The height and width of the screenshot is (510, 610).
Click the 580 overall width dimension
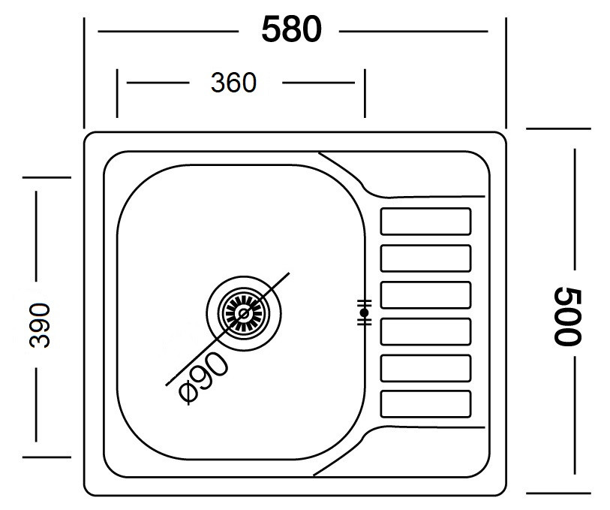point(292,29)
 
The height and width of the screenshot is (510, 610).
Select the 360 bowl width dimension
point(233,83)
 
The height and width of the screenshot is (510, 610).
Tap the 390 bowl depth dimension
point(40,325)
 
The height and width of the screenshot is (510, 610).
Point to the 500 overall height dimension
point(567,316)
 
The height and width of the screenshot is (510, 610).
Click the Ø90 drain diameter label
point(204,376)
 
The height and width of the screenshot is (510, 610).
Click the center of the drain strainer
point(244,313)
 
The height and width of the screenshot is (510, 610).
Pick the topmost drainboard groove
point(425,222)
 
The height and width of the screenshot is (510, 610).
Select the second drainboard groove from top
point(425,258)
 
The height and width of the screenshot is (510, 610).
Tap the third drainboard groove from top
point(425,294)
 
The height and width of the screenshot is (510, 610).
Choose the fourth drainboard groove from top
point(425,331)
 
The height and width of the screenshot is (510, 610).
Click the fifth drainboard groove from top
point(425,368)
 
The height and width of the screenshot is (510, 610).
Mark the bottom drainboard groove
point(425,403)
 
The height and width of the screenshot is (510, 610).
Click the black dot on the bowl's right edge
point(364,312)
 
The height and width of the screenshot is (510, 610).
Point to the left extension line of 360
point(117,93)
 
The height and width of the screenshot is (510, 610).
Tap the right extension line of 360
point(365,93)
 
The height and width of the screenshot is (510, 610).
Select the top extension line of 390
point(47,177)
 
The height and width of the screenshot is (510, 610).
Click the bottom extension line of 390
point(47,457)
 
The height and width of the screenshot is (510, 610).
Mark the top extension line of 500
point(559,128)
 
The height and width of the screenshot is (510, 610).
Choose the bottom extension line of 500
point(559,493)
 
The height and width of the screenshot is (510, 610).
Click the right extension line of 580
point(506,73)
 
